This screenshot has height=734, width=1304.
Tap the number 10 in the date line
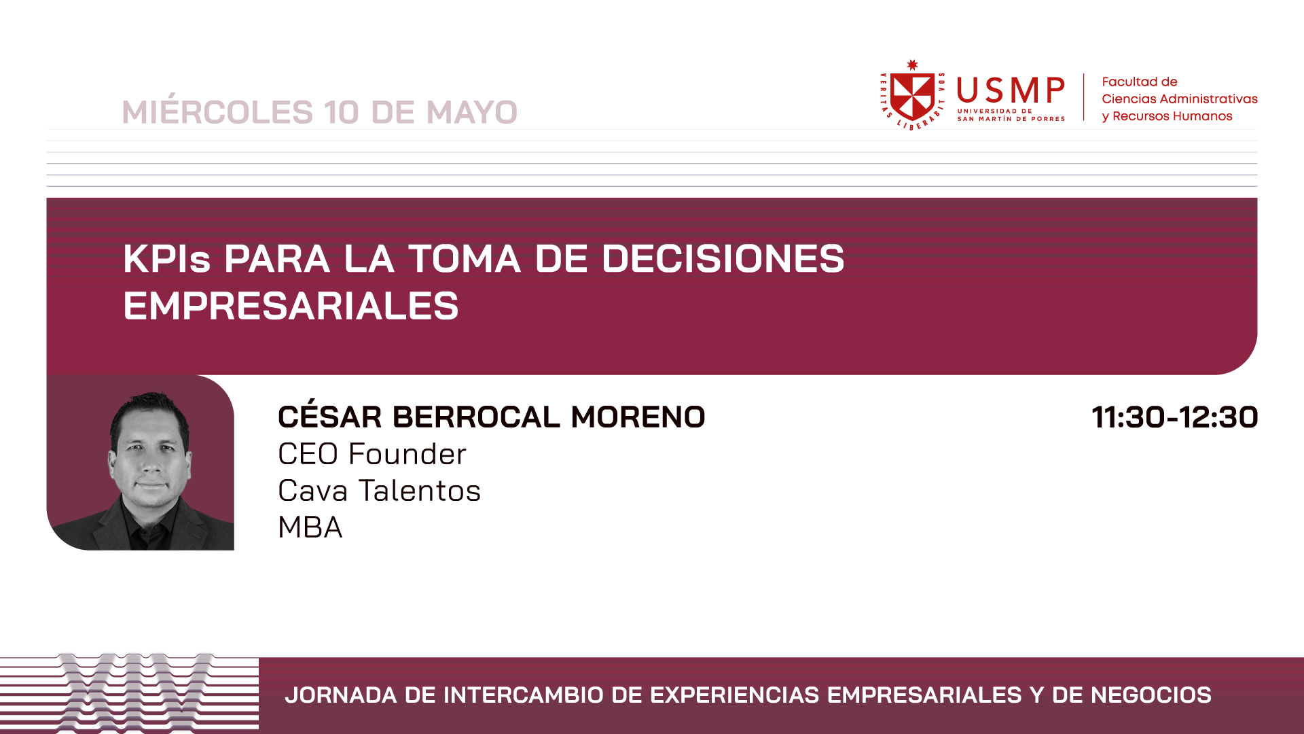click(342, 112)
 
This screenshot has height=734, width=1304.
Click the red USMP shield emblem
click(913, 94)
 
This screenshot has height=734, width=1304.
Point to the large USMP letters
click(1011, 90)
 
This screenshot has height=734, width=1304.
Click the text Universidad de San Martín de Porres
click(1011, 115)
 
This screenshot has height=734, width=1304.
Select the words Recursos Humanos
click(1172, 116)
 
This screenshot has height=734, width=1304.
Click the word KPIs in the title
click(167, 259)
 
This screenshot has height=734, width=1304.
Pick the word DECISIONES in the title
click(723, 259)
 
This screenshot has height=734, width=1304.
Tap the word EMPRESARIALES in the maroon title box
click(291, 306)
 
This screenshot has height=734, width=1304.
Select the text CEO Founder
click(372, 454)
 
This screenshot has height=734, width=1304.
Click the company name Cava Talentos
click(379, 491)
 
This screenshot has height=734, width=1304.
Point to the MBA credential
click(310, 527)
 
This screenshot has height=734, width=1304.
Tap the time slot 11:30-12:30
click(1175, 417)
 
